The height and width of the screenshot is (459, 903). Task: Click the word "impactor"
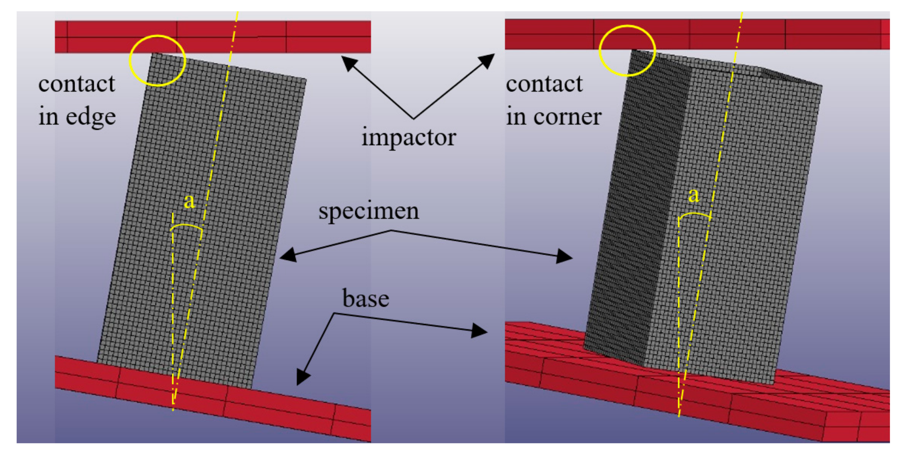point(408,137)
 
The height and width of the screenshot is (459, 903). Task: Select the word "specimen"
point(369,211)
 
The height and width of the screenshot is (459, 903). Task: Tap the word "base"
point(366,298)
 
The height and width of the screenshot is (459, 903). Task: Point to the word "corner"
point(567,117)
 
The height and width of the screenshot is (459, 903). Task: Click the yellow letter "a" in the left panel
point(189,201)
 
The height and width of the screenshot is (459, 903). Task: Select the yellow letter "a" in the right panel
point(693,195)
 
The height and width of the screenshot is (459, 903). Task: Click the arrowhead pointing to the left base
point(303,377)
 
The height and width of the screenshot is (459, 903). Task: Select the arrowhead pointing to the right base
point(479,330)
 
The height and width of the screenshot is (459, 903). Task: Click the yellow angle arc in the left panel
point(186,226)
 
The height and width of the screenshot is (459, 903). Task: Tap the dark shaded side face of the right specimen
point(631,210)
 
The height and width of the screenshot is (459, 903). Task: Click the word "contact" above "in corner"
point(544,84)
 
